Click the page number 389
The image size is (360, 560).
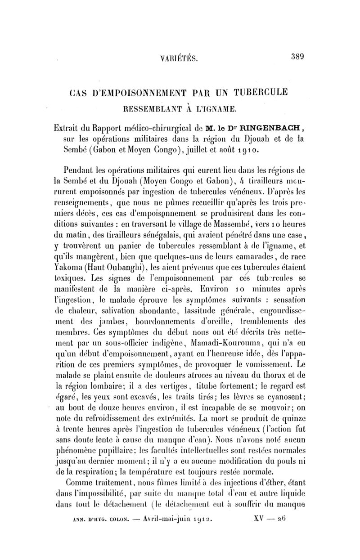point(298,57)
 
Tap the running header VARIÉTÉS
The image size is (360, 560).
point(179,58)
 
